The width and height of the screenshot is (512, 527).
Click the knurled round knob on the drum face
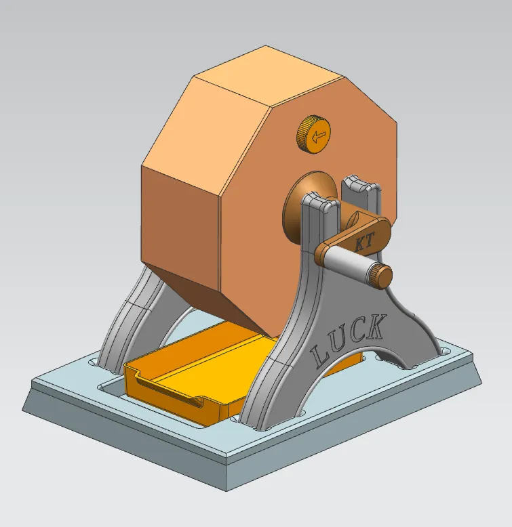pos(313,133)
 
